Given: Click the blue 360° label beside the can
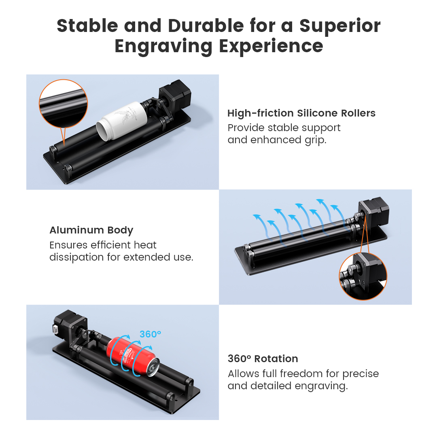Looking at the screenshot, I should tap(150, 334).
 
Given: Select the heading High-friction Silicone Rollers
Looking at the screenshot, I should tap(301, 113).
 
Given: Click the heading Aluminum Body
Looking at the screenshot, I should tap(91, 230).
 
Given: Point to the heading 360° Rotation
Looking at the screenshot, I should tap(263, 359).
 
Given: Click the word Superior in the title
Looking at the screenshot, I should tap(340, 26).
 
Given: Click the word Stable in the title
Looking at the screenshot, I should tap(87, 26).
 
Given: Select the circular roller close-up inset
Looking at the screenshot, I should tap(63, 104).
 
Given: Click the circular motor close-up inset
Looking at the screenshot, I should tap(363, 276).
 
